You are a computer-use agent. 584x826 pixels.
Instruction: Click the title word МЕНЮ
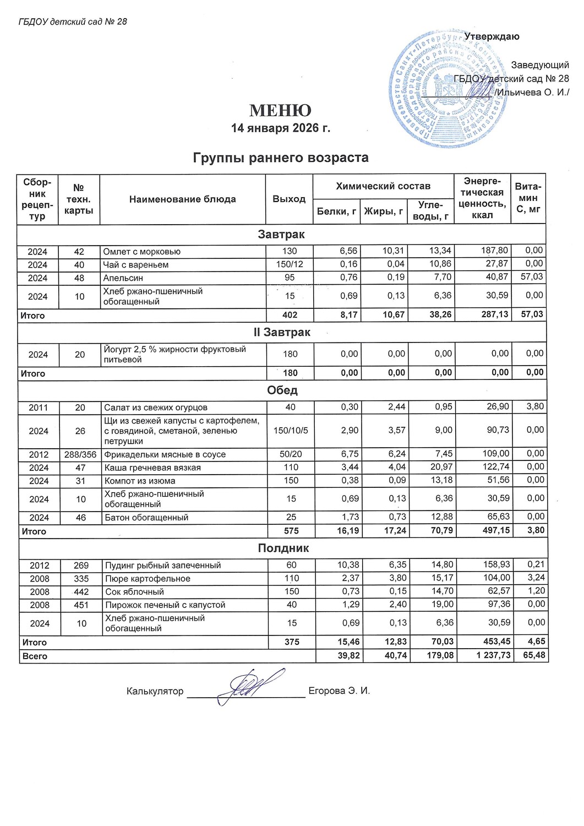280,111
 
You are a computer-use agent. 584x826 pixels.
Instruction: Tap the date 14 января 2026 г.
280,128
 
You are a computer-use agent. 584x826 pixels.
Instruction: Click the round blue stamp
444,89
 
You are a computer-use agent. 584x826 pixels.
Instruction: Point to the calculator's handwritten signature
250,686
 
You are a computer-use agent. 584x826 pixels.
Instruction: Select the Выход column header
289,199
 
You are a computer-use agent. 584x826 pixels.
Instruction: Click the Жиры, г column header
384,211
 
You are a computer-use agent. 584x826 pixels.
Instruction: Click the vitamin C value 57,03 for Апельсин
531,276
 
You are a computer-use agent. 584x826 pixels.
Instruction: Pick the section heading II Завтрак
282,333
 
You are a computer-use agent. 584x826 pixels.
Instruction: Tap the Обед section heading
282,390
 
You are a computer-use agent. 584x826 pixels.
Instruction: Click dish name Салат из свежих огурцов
156,407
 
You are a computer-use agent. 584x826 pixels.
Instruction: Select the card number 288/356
80,455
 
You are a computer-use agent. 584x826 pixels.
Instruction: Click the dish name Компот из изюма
140,481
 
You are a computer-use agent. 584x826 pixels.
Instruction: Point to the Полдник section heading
283,548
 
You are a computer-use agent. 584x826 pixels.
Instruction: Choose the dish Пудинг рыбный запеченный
163,566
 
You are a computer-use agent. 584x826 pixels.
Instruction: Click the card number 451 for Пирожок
81,605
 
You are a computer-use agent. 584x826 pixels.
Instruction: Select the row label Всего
35,656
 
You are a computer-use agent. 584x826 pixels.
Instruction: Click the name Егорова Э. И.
339,691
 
